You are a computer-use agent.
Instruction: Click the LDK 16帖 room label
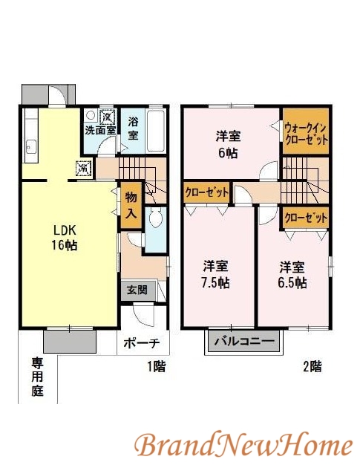click(65, 237)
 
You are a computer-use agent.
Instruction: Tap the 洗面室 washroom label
click(100, 130)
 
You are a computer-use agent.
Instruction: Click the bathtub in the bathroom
click(156, 131)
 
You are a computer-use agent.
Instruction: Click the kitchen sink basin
click(30, 147)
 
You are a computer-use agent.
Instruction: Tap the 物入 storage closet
click(131, 205)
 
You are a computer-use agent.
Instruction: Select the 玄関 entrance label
click(137, 290)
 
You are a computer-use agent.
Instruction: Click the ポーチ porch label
click(142, 343)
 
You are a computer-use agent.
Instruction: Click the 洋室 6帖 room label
click(228, 144)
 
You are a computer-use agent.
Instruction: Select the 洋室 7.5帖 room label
click(215, 274)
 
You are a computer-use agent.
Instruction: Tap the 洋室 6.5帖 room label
click(292, 274)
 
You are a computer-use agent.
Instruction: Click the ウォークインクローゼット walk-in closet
click(306, 131)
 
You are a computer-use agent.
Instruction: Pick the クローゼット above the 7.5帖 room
click(206, 192)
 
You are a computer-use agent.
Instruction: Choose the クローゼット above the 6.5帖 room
click(306, 218)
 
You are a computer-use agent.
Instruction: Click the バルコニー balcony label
click(244, 342)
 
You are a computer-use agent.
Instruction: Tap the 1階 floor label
click(157, 367)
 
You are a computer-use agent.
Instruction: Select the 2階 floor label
click(312, 367)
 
